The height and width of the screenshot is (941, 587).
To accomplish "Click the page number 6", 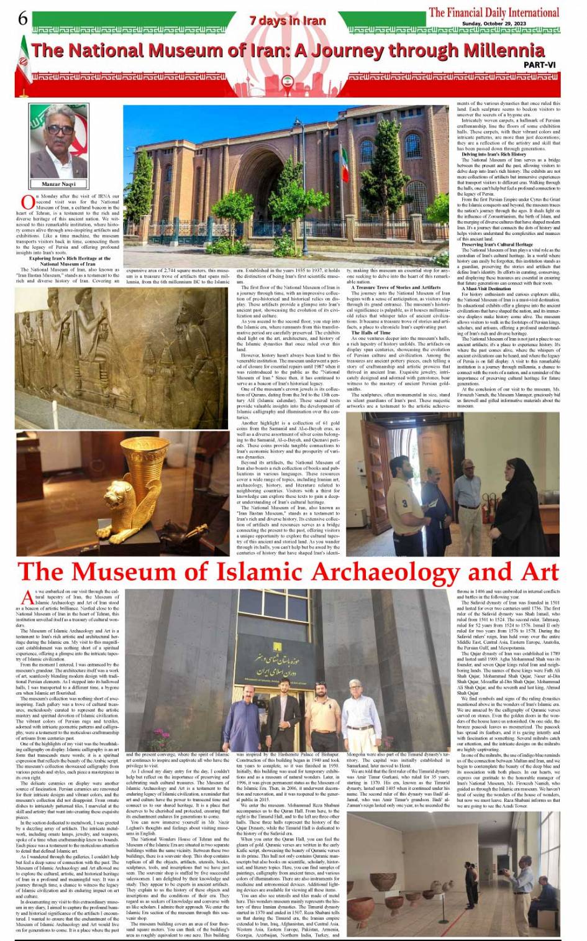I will pyautogui.click(x=23, y=19).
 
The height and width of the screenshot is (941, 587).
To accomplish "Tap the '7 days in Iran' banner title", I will pyautogui.click(x=288, y=21).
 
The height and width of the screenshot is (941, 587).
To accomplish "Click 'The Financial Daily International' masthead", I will pyautogui.click(x=494, y=12).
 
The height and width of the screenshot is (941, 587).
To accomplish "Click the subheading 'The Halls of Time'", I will pyautogui.click(x=371, y=333).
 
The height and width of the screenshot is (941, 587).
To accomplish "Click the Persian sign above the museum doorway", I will pyautogui.click(x=286, y=669).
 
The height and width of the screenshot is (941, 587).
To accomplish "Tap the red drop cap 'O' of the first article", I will pyautogui.click(x=28, y=201).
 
